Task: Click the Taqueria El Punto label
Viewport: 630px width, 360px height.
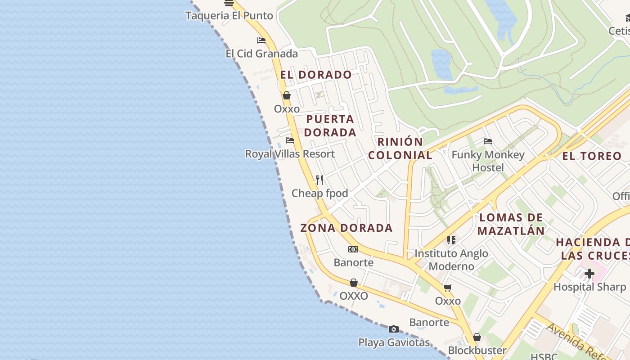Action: click(x=229, y=16)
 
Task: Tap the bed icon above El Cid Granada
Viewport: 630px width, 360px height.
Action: click(x=261, y=40)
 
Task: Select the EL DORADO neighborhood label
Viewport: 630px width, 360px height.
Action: click(x=316, y=75)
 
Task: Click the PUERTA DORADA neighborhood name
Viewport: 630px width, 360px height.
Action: click(x=330, y=126)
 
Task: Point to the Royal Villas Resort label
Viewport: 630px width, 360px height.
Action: click(x=290, y=154)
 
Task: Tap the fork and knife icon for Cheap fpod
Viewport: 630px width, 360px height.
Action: click(x=319, y=180)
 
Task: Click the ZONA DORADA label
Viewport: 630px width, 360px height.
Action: click(x=346, y=228)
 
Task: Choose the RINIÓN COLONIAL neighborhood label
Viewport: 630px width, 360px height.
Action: click(x=400, y=148)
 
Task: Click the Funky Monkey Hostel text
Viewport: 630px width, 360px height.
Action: click(x=488, y=161)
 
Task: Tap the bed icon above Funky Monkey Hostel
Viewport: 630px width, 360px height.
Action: click(x=488, y=141)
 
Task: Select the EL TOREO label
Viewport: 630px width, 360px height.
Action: click(x=592, y=156)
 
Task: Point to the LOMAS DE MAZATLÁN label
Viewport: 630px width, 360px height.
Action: click(x=511, y=224)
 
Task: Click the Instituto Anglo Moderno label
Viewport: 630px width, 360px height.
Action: click(x=451, y=260)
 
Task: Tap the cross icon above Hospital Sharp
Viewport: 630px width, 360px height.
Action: click(x=589, y=273)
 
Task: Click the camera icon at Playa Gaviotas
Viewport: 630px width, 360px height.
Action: click(x=394, y=329)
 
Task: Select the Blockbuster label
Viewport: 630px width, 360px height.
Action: click(x=477, y=350)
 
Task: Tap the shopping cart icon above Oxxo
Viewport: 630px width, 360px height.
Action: click(x=447, y=288)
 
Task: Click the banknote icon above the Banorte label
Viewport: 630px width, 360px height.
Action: click(x=353, y=249)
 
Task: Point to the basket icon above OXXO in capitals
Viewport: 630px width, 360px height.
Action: click(x=354, y=283)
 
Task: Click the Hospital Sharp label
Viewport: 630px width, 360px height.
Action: click(x=589, y=287)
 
